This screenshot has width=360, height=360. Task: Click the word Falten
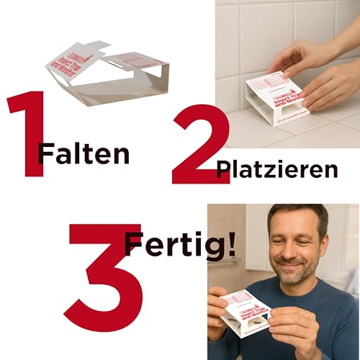pos(85,153)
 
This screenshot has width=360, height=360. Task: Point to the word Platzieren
pos(277,169)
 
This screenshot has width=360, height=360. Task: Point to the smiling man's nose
pos(290,252)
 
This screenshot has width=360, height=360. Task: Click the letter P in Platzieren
pos(224,170)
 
